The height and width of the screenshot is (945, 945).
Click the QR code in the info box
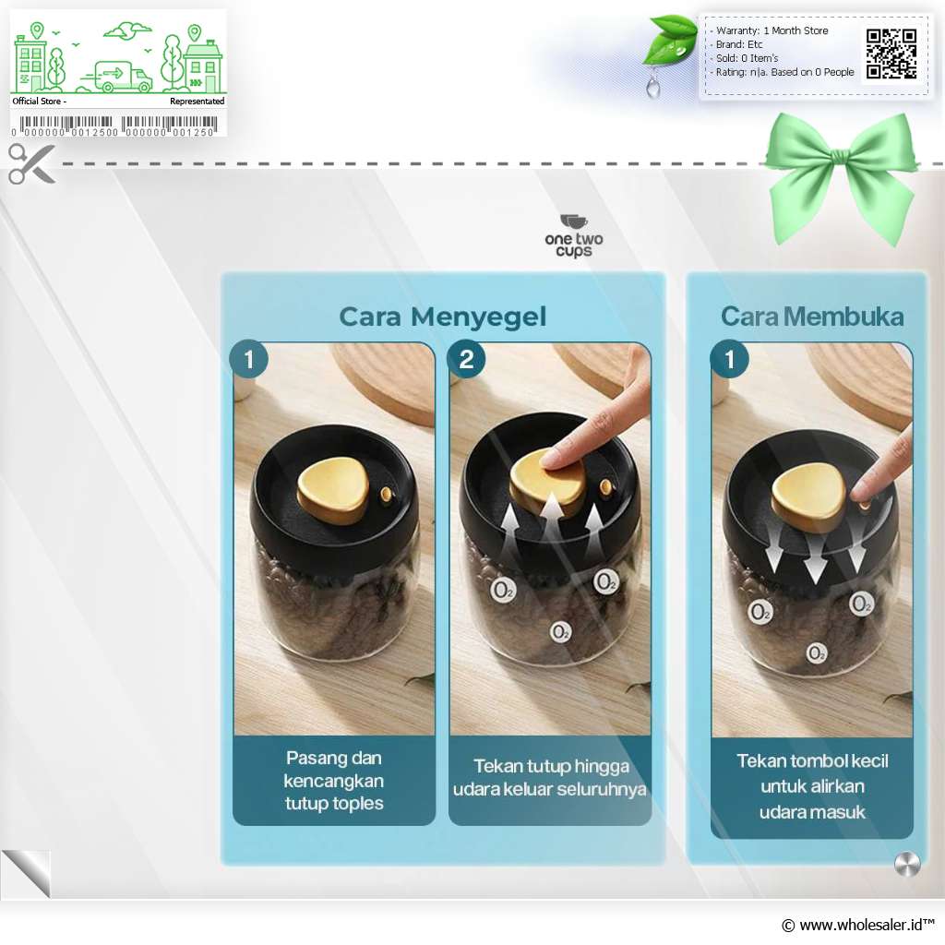pyautogui.click(x=891, y=54)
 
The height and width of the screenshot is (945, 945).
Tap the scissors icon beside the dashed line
pyautogui.click(x=31, y=163)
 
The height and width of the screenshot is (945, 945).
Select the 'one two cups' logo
pyautogui.click(x=574, y=235)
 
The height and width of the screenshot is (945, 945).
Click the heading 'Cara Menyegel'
pyautogui.click(x=442, y=317)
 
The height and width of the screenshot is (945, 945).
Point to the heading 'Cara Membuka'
pyautogui.click(x=812, y=317)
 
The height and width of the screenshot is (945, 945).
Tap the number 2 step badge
pyautogui.click(x=466, y=360)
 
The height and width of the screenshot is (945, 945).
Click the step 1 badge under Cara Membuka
pyautogui.click(x=730, y=360)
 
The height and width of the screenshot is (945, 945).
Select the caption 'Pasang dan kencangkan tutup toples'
pyautogui.click(x=334, y=781)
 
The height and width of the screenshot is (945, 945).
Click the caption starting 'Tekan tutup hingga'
pyautogui.click(x=550, y=777)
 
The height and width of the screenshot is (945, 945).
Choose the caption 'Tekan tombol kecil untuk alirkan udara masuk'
pyautogui.click(x=812, y=786)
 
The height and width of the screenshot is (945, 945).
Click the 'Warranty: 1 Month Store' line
pyautogui.click(x=772, y=30)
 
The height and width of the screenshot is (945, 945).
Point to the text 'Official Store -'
pyautogui.click(x=39, y=102)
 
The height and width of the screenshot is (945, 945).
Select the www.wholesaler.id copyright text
pyautogui.click(x=857, y=925)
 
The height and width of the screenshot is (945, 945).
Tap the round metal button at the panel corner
pyautogui.click(x=908, y=864)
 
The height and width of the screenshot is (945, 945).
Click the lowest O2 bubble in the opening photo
pyautogui.click(x=817, y=653)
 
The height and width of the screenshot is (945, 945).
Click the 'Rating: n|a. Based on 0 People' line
pyautogui.click(x=784, y=72)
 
